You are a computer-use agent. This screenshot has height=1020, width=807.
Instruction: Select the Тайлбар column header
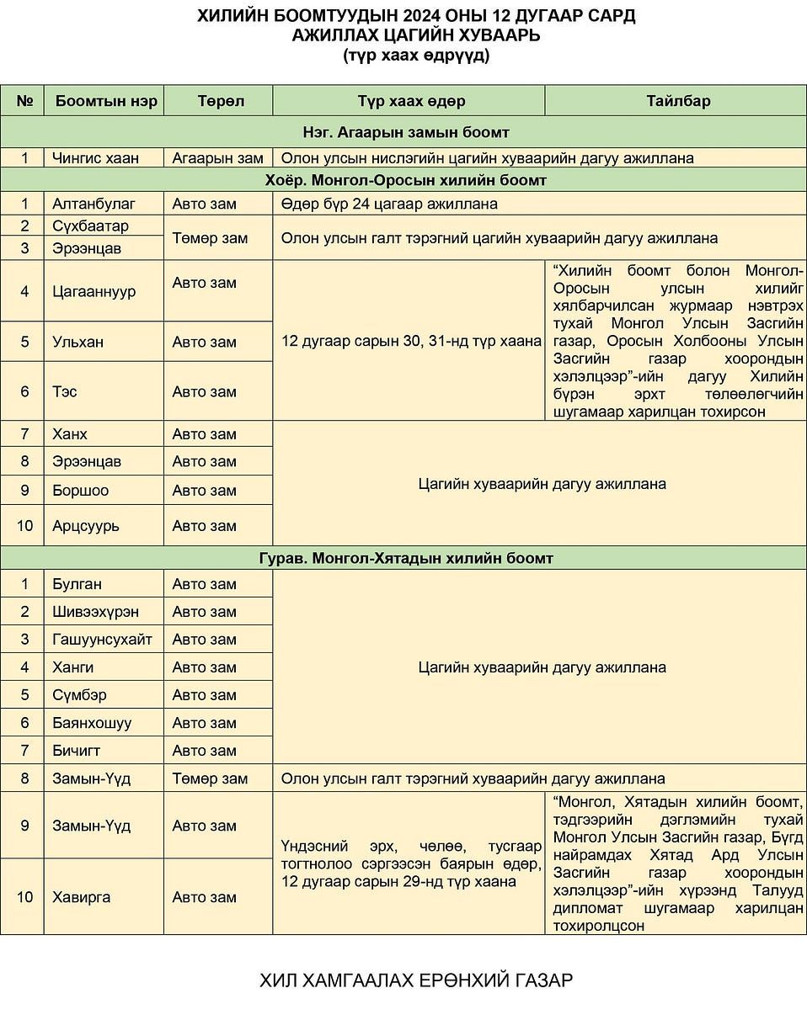point(678,101)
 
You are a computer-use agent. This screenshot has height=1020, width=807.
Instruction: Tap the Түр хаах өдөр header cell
point(410,101)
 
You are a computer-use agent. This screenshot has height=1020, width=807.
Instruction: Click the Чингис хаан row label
point(95,157)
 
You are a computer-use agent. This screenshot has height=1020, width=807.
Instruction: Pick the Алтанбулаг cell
point(94,204)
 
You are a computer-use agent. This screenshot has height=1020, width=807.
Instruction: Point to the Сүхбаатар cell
point(90,226)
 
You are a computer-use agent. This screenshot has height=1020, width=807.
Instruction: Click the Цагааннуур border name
point(94,291)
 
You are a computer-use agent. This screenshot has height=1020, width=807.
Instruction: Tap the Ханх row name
point(70,434)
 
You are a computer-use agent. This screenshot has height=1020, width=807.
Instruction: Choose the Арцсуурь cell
point(86,526)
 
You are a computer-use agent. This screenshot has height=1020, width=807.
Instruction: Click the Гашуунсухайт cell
point(102,640)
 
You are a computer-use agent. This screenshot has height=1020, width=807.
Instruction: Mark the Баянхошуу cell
point(92,723)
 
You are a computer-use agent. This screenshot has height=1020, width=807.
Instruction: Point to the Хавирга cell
point(82,897)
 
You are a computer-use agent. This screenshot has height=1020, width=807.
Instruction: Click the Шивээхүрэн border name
point(95,612)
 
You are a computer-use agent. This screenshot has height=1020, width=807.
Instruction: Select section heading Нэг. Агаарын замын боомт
point(405,132)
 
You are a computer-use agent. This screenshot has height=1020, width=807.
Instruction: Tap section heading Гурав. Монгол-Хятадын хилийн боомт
point(405,558)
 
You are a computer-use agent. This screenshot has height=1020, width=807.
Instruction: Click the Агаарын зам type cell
point(217,157)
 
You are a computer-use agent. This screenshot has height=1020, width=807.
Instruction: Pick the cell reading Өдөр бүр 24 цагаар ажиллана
point(389,204)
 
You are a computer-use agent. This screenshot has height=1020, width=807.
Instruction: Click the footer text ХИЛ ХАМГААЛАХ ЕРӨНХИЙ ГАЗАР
point(416,980)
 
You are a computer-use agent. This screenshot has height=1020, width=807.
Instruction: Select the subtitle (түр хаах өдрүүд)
point(416,56)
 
